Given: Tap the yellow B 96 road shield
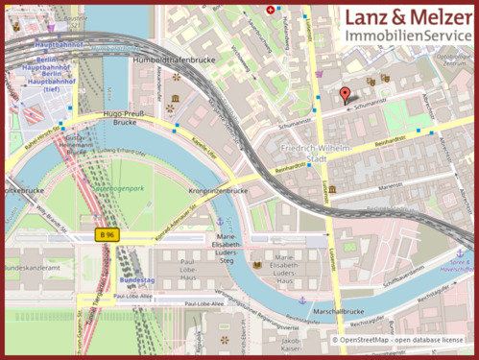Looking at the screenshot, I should [x=108, y=234].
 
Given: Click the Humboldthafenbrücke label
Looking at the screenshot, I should [x=172, y=59].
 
